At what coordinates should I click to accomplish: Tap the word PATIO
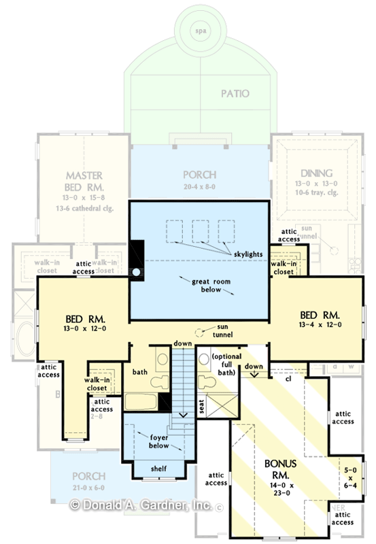235,94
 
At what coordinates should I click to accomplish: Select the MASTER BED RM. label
84,181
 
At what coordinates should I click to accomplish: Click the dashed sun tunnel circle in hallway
199,333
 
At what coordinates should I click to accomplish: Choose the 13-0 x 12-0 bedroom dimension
84,329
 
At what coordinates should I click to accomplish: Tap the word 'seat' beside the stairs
202,405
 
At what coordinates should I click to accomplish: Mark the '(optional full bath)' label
224,364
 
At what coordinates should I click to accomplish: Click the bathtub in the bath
141,401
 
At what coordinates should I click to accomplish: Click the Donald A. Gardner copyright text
142,505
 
